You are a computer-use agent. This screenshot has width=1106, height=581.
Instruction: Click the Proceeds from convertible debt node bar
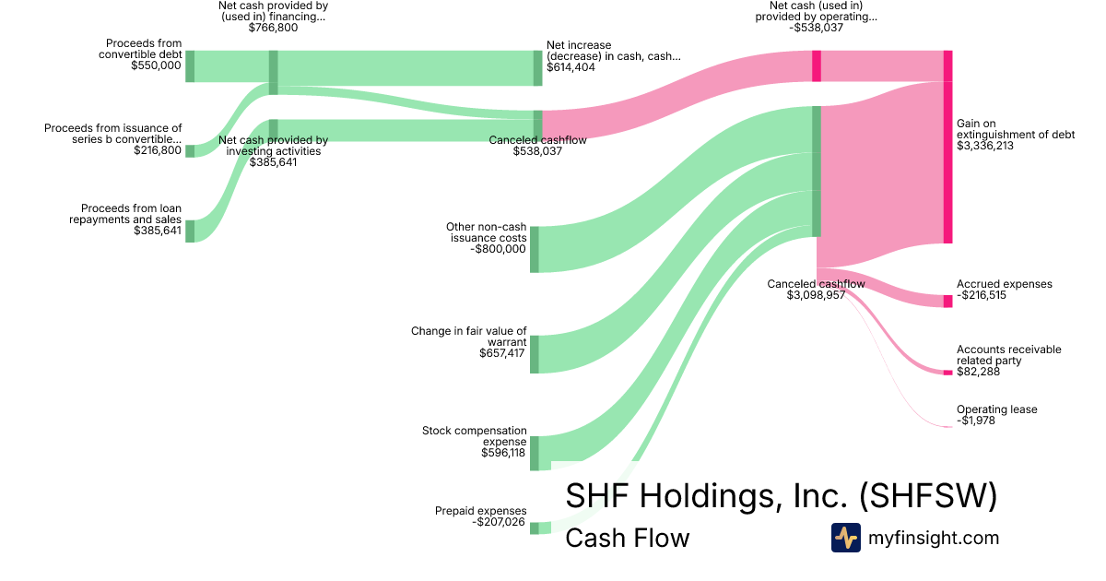(190, 66)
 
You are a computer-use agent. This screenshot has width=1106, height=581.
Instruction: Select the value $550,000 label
(156, 65)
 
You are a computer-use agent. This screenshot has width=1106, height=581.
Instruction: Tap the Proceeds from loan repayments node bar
(190, 231)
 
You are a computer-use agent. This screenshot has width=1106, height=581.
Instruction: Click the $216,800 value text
(158, 149)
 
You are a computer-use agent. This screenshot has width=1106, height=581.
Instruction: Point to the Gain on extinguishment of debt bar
(947, 148)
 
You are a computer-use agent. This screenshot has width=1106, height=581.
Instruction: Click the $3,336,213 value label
(985, 146)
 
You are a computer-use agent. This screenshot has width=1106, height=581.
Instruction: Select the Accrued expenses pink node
(947, 301)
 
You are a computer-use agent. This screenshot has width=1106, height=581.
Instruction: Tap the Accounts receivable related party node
(947, 372)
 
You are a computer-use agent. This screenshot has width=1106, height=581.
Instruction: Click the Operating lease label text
(996, 409)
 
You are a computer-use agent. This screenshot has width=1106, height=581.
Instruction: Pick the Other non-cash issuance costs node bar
(535, 249)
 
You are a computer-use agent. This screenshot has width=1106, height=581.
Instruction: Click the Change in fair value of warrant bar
(535, 354)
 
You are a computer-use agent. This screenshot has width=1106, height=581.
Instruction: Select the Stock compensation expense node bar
(535, 453)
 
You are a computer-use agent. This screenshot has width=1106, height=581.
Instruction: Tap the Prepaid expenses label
(480, 511)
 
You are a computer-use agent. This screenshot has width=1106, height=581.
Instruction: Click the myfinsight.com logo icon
(845, 538)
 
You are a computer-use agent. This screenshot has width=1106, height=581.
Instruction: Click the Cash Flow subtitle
(627, 538)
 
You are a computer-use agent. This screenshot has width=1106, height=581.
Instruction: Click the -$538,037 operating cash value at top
(823, 28)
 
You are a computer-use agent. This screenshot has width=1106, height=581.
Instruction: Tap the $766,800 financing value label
(273, 28)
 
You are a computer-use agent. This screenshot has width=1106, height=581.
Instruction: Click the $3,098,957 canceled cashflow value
(816, 295)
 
